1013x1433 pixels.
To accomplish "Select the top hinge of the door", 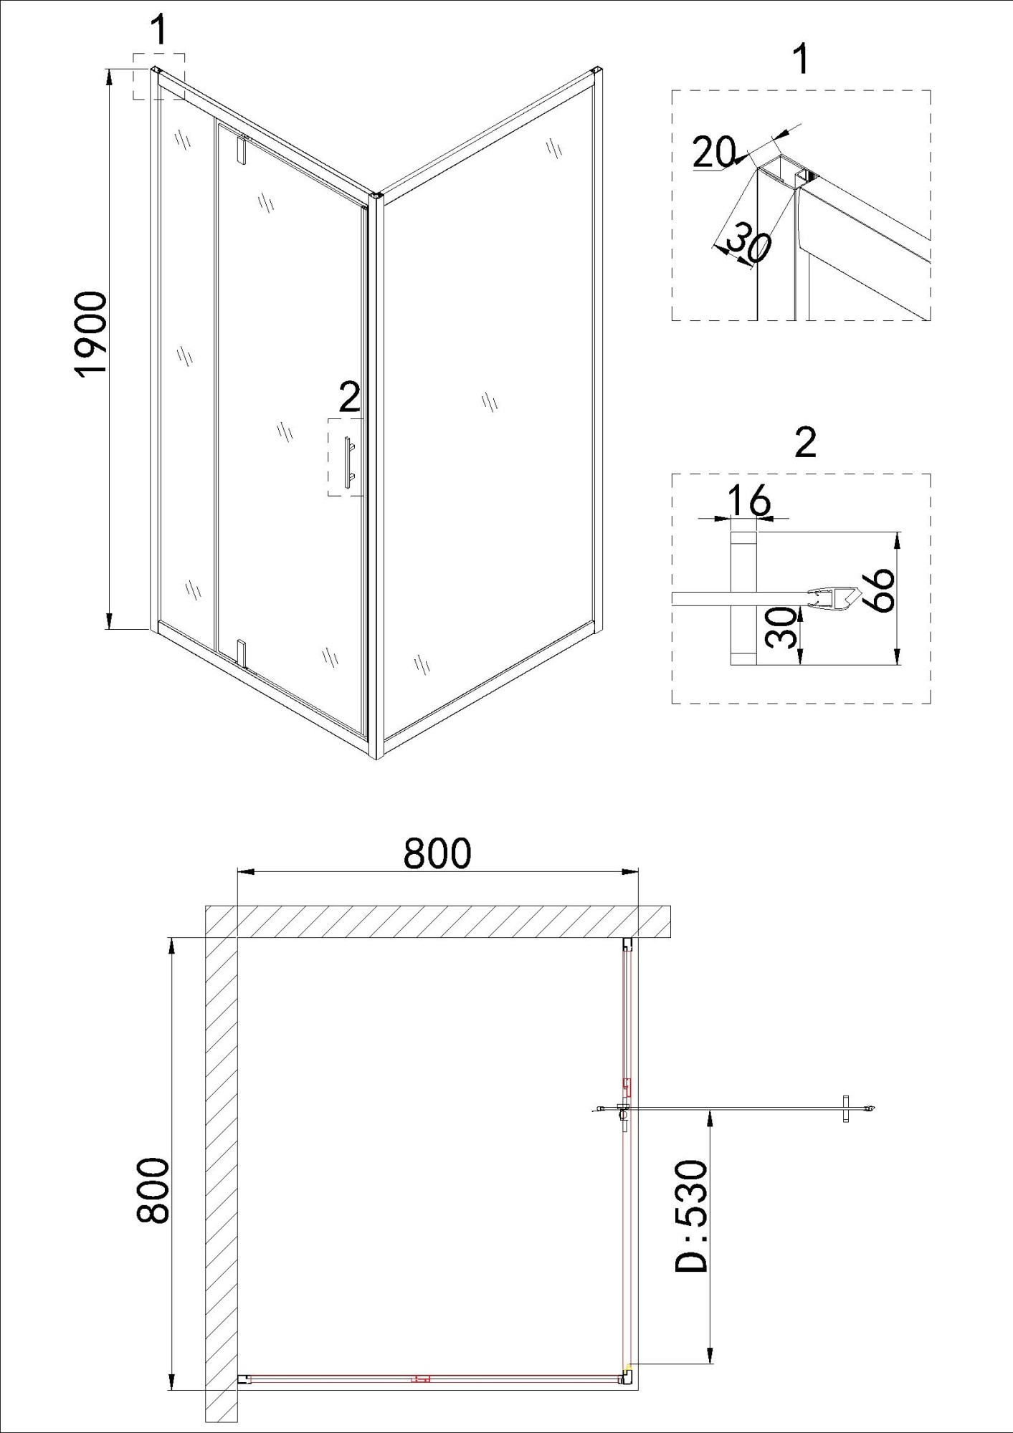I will [242, 148].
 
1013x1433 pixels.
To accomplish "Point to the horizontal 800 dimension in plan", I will [437, 853].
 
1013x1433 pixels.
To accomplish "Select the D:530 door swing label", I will [691, 1216].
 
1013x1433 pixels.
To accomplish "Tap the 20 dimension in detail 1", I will [714, 152].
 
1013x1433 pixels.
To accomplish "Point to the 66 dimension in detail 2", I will [878, 590].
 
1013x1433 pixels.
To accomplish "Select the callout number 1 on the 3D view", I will [158, 32].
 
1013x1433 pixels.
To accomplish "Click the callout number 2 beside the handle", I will [349, 398].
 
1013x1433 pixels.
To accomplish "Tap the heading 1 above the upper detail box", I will [802, 59].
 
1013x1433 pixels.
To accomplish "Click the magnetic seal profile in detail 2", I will [832, 597].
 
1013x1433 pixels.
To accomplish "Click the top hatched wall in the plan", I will [437, 921].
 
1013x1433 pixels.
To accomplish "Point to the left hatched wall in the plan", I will [222, 1175].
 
